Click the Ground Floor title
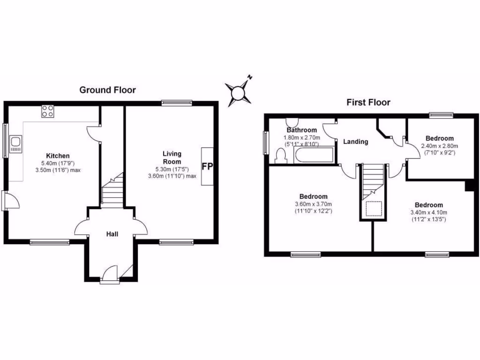pyautogui.click(x=107, y=90)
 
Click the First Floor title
pyautogui.click(x=368, y=102)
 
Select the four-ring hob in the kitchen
pyautogui.click(x=48, y=111)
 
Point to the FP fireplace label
pyautogui.click(x=206, y=166)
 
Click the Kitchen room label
pyautogui.click(x=58, y=156)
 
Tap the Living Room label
pyautogui.click(x=172, y=157)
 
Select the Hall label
pyautogui.click(x=112, y=234)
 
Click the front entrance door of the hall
pyautogui.click(x=109, y=274)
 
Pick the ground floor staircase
pyautogui.click(x=112, y=190)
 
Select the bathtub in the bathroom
pyautogui.click(x=314, y=155)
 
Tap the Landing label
pyautogui.click(x=355, y=142)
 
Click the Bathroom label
pyautogui.click(x=301, y=130)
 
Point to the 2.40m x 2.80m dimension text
pyautogui.click(x=439, y=146)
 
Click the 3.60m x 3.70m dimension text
pyautogui.click(x=313, y=204)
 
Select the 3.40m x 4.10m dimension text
pyautogui.click(x=429, y=212)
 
